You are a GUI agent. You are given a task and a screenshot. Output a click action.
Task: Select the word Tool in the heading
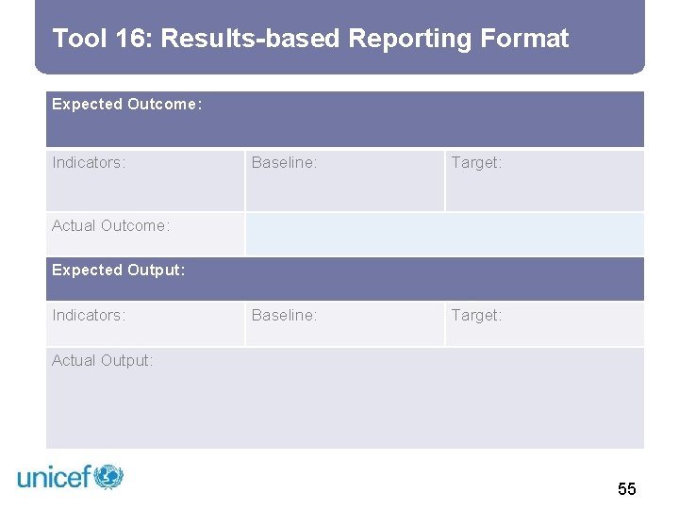[79, 39]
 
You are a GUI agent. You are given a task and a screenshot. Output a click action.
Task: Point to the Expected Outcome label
[126, 105]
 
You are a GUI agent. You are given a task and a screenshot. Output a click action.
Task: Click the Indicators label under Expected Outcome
[89, 163]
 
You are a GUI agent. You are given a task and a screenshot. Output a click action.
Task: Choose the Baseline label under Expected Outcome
[284, 163]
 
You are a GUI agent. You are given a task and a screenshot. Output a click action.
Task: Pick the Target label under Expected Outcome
[476, 163]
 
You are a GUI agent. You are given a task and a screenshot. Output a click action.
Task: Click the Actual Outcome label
[110, 226]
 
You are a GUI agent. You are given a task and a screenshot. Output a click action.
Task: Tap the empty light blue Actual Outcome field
[444, 234]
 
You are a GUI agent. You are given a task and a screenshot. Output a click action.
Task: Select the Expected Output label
[118, 271]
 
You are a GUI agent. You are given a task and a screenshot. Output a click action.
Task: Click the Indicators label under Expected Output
[89, 316]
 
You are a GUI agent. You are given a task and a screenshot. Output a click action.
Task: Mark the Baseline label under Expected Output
[284, 316]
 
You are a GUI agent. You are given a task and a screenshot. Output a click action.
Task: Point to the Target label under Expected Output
[476, 316]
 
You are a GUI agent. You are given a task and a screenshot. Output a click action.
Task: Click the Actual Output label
[102, 361]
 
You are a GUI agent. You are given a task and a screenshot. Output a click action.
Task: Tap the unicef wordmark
[54, 477]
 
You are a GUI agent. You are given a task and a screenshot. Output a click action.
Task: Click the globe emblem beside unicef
[108, 476]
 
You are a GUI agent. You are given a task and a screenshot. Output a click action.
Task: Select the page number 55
[627, 488]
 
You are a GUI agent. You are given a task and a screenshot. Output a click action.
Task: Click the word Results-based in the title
[250, 39]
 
